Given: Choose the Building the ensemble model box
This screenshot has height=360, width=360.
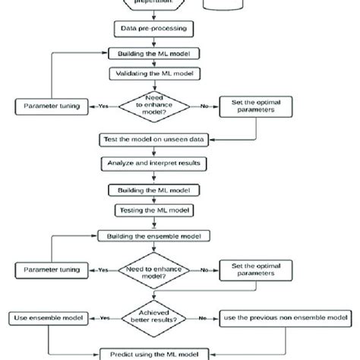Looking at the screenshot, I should (x=153, y=237).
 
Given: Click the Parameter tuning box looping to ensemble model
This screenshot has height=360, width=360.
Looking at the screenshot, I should (x=49, y=270).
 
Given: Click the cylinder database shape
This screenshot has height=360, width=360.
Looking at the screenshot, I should (x=227, y=5).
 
